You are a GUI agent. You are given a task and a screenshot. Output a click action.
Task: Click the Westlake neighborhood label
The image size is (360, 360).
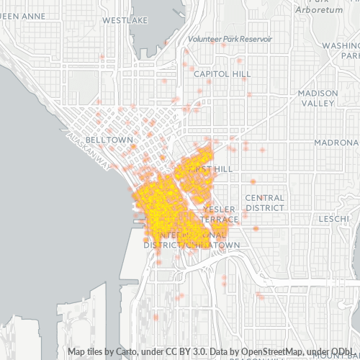(120, 21)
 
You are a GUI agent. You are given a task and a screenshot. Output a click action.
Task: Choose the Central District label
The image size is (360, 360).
(264, 202)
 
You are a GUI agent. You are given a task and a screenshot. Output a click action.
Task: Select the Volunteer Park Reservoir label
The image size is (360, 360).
(230, 38)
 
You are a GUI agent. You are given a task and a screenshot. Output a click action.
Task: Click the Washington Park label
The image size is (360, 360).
(341, 50)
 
